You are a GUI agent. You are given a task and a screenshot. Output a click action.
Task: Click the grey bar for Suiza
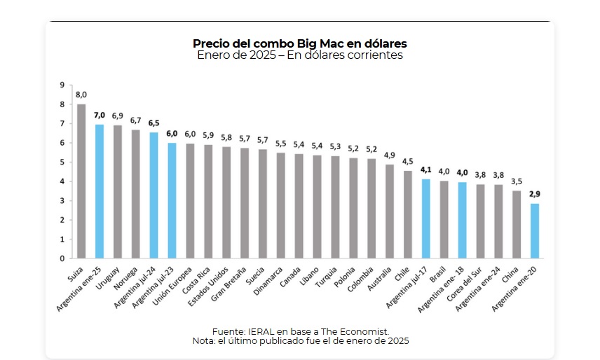tap(81, 181)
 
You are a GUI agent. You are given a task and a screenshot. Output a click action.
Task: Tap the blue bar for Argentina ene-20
tap(535, 230)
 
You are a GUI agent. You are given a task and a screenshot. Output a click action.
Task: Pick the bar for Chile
tap(407, 214)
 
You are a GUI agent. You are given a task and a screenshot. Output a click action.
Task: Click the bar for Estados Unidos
tap(226, 202)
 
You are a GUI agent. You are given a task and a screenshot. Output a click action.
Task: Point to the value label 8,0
tap(81, 95)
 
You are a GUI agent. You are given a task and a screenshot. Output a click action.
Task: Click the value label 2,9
tap(535, 194)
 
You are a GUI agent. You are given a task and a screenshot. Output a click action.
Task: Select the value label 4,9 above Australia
tap(389, 155)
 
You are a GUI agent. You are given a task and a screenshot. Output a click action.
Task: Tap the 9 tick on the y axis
tap(62, 85)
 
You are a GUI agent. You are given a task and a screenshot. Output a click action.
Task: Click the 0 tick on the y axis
tap(62, 258)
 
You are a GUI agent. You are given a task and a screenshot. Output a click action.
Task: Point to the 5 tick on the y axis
tap(62, 162)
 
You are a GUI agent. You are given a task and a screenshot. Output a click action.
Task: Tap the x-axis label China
tap(510, 272)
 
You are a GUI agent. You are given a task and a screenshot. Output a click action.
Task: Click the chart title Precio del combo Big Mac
tap(299, 43)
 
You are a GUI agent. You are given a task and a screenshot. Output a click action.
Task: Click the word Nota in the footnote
tap(204, 340)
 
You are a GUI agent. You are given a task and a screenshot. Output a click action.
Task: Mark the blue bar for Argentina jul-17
tap(425, 219)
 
